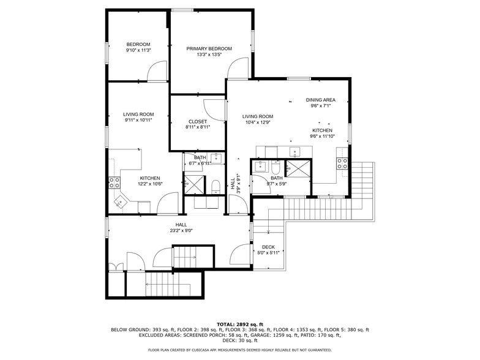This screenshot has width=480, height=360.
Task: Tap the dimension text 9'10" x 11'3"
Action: click(138, 50)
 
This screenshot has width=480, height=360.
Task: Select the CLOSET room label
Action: click(197, 121)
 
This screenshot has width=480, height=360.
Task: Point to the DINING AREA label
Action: click(320, 100)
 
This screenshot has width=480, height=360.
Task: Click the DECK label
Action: click(268, 247)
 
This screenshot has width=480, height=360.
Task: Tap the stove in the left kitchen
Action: click(113, 182)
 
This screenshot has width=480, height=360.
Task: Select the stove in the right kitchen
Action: click(342, 163)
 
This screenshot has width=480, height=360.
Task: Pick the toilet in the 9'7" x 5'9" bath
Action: click(276, 168)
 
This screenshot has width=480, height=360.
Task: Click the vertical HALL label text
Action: click(233, 182)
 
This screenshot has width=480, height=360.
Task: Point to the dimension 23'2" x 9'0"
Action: click(181, 231)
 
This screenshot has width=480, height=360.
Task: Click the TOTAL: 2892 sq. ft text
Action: click(239, 324)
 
